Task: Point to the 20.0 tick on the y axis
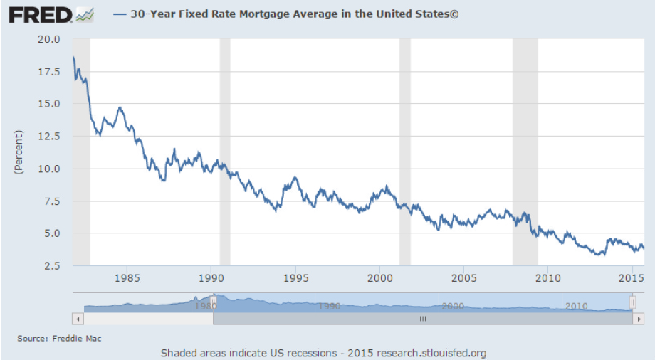(49, 39)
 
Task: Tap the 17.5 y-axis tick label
(49, 72)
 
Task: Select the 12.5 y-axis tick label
(49, 137)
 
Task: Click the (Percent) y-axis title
(19, 152)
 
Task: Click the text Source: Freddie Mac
(59, 339)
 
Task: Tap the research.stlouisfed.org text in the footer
(431, 353)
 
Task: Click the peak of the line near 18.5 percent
(73, 57)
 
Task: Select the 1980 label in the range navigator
(205, 306)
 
